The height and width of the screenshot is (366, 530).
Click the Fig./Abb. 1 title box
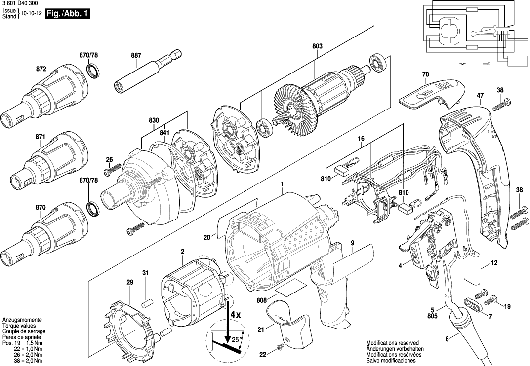tap(67, 14)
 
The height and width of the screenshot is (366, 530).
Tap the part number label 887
tap(136, 56)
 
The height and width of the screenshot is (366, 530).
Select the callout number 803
tap(317, 46)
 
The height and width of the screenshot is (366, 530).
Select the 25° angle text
tap(236, 339)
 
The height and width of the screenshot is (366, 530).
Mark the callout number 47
tap(480, 95)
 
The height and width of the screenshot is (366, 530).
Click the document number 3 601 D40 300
tap(19, 3)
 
